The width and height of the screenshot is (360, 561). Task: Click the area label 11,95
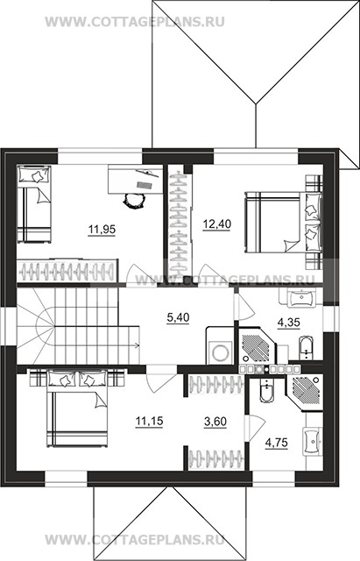coord(102,230)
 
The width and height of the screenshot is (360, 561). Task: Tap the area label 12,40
coord(217,224)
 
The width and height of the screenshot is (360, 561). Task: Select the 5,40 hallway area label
coord(178,317)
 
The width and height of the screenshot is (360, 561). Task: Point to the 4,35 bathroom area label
coord(289,323)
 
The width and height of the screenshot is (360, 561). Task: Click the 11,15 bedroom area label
coord(149,421)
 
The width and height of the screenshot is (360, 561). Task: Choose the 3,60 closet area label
coord(215,422)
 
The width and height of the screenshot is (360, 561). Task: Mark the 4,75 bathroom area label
coord(276,443)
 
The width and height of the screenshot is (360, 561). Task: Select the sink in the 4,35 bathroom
coord(301,298)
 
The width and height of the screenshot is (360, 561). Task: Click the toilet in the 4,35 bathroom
coord(306,348)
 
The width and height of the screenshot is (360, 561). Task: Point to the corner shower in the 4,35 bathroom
coord(257,346)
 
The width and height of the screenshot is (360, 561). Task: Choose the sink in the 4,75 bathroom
coord(312,441)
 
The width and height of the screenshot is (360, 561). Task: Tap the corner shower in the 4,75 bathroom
coord(304,392)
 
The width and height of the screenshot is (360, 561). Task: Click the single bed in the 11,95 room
coord(34,203)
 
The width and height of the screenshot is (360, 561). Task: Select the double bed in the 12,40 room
coord(284,223)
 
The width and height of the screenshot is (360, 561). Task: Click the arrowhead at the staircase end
coord(138,345)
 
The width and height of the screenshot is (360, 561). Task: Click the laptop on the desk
coord(145,185)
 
